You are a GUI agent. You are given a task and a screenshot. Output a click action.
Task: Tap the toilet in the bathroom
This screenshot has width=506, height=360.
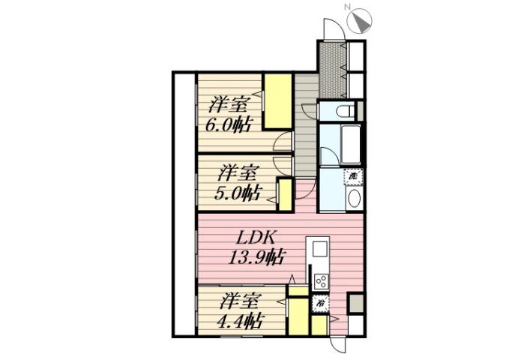coord(346,111)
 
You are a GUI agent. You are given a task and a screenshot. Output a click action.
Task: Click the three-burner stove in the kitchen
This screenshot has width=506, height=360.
coord(321,282)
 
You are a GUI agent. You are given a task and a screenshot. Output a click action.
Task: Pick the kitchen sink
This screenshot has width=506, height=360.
coord(318,248)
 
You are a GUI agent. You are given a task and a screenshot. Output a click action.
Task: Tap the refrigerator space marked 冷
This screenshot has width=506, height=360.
coord(319,304)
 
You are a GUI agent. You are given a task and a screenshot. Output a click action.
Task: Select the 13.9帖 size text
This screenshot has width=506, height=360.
coord(256,258)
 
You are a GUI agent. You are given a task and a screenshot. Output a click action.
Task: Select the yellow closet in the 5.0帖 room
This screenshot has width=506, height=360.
coord(285,193)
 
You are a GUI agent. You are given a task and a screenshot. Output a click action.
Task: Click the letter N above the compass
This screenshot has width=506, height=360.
coord(347,7)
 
